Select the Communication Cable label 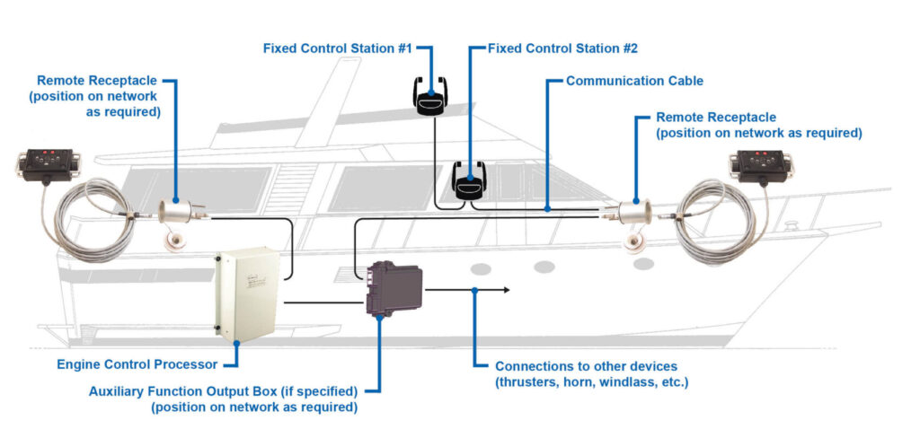point(634,81)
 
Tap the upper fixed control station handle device point(432,96)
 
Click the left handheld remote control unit point(44,166)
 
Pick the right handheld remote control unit point(756,165)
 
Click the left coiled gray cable point(90,219)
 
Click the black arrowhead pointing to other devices point(507,290)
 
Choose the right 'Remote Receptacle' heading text point(716,118)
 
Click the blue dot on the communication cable point(548,208)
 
